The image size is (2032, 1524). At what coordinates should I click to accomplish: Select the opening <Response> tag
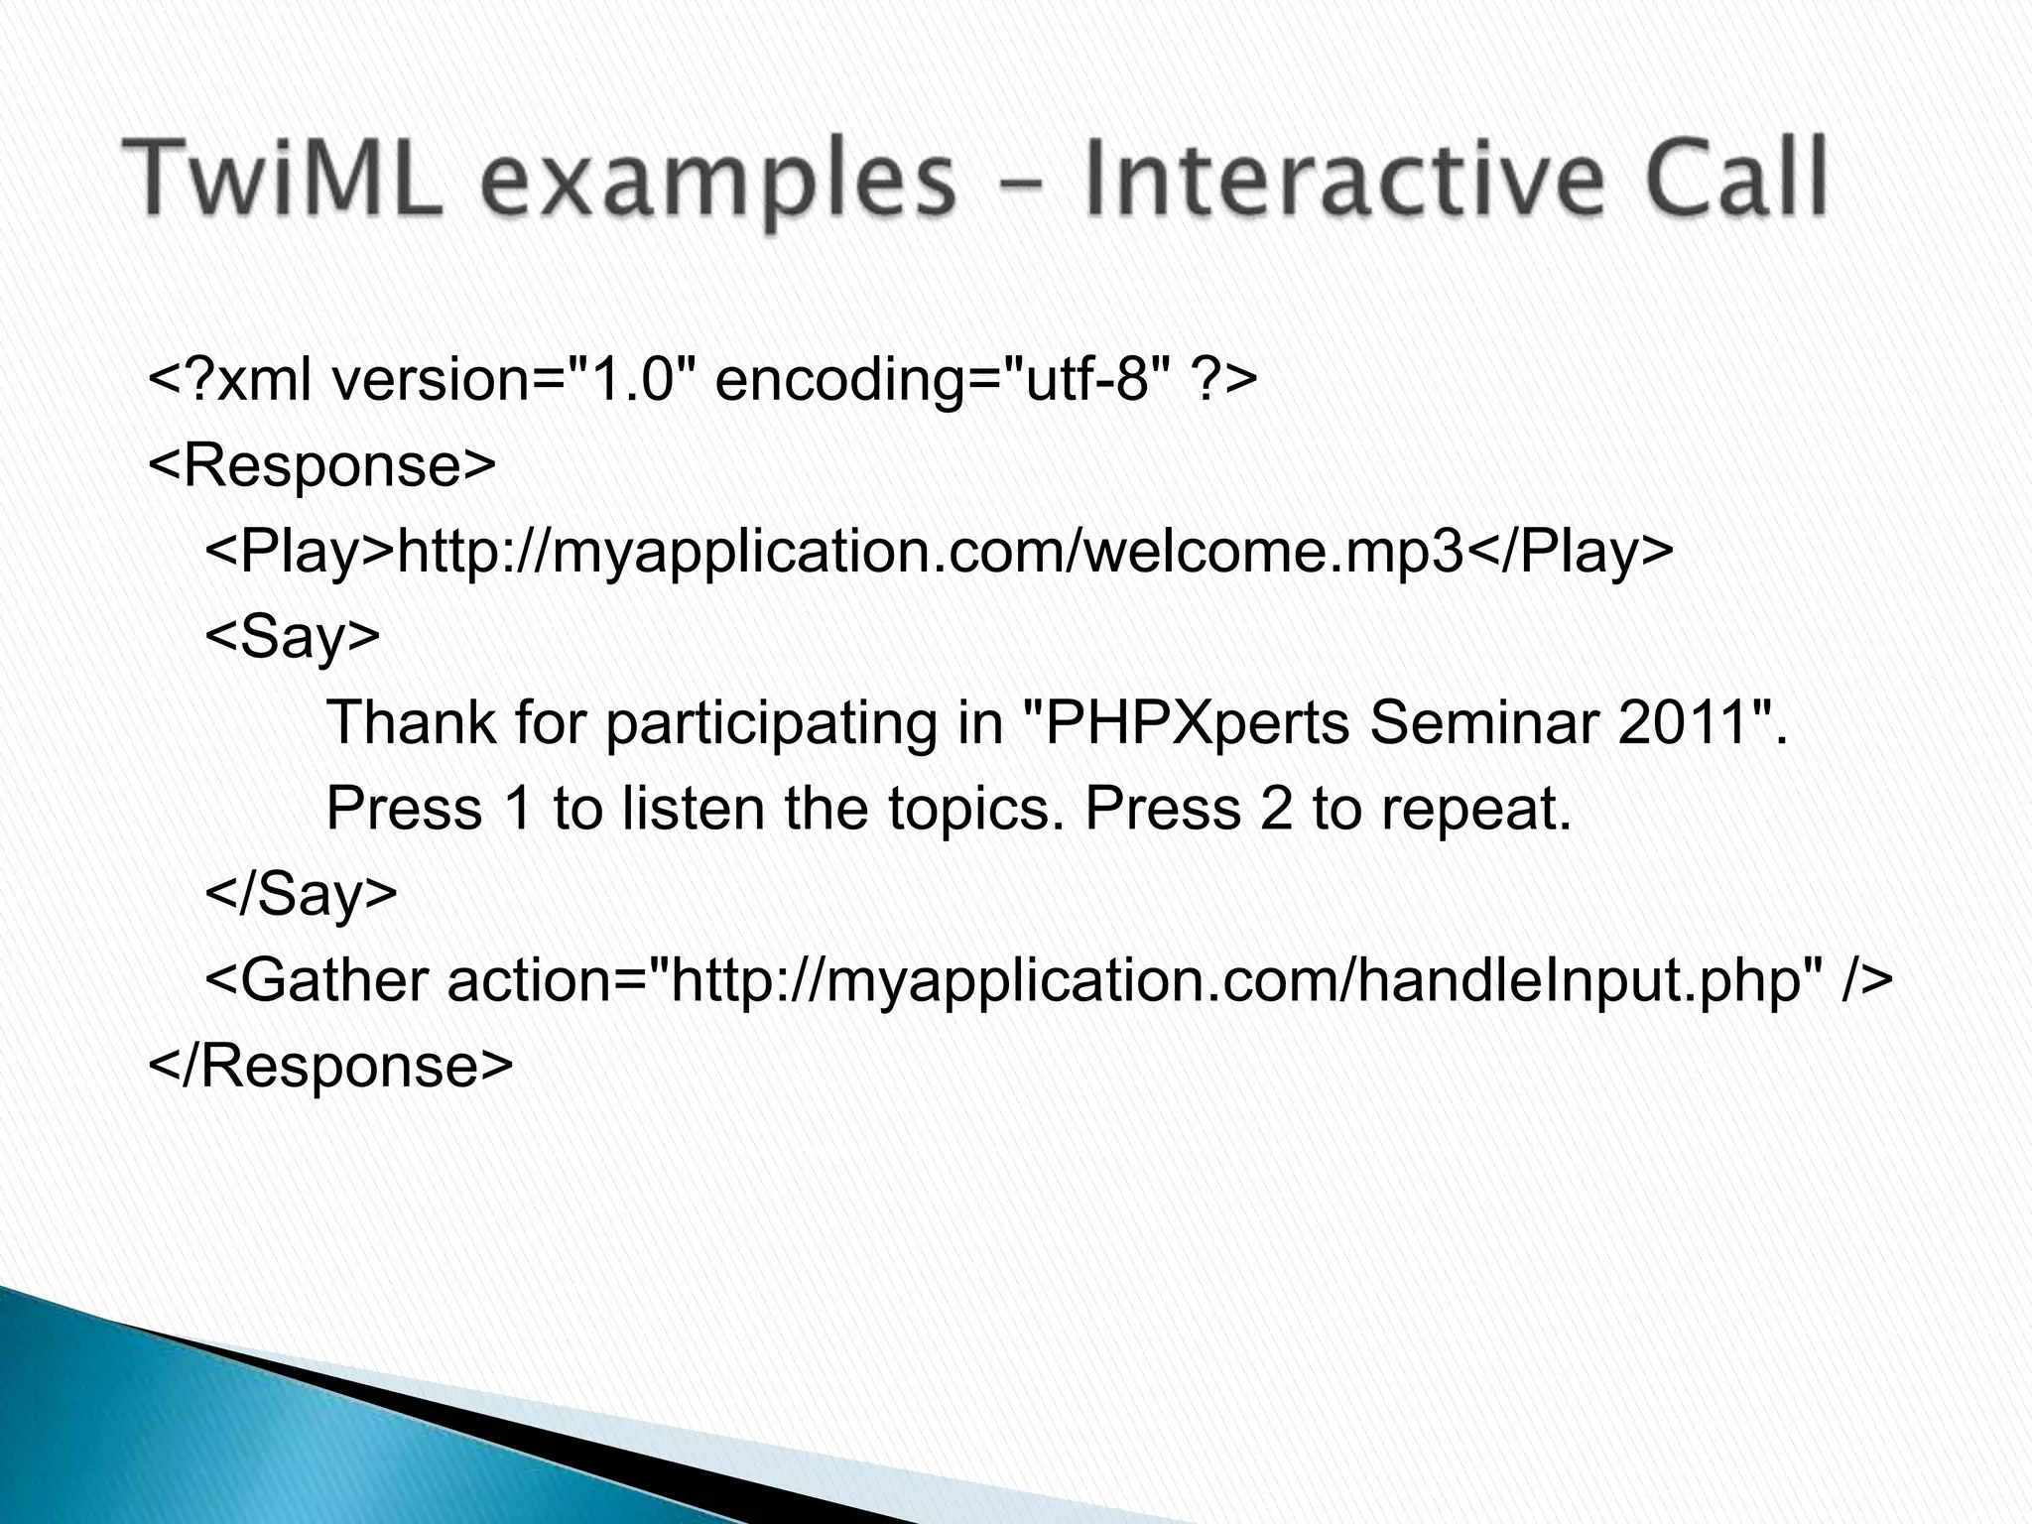[320, 464]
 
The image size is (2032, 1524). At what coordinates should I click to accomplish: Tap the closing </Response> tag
[330, 1066]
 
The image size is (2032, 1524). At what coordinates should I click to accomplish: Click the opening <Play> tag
[299, 551]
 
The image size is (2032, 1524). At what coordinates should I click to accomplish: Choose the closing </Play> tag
[1569, 551]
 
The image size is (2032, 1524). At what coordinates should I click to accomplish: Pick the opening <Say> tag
[292, 637]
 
